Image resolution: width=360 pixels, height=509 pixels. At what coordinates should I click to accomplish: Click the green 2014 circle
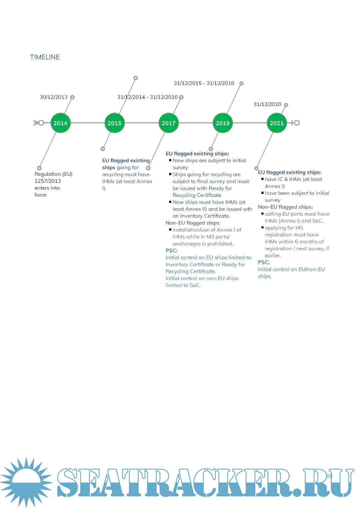[60, 123]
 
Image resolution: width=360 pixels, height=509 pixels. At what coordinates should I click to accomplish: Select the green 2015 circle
[114, 123]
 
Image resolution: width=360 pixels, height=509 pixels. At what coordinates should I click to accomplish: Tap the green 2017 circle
[168, 123]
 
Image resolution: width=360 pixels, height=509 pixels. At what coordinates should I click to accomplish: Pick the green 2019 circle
[223, 123]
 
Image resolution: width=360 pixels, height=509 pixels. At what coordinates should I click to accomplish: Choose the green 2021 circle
[277, 123]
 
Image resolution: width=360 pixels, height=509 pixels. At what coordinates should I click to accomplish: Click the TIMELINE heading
[45, 57]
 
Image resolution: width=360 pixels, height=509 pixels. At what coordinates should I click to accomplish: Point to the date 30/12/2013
[53, 97]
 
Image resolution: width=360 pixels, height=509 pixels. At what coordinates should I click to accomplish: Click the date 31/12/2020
[267, 104]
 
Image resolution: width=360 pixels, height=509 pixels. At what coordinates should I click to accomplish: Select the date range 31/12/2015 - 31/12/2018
[204, 83]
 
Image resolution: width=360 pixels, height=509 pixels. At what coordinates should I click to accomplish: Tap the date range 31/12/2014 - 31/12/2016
[147, 97]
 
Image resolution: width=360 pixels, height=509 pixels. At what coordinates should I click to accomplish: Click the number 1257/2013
[48, 181]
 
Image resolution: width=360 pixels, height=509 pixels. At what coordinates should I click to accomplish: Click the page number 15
[329, 476]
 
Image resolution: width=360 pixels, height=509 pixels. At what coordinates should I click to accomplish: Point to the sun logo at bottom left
[26, 482]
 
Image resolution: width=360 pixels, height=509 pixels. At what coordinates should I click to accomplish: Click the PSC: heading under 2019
[171, 251]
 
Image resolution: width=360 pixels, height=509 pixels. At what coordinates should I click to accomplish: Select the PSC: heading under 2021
[264, 262]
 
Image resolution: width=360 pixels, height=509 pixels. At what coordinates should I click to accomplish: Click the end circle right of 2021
[296, 123]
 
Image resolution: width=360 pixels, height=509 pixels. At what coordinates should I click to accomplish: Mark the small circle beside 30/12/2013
[72, 97]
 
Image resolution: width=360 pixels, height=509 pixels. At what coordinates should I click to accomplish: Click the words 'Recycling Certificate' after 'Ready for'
[197, 195]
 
